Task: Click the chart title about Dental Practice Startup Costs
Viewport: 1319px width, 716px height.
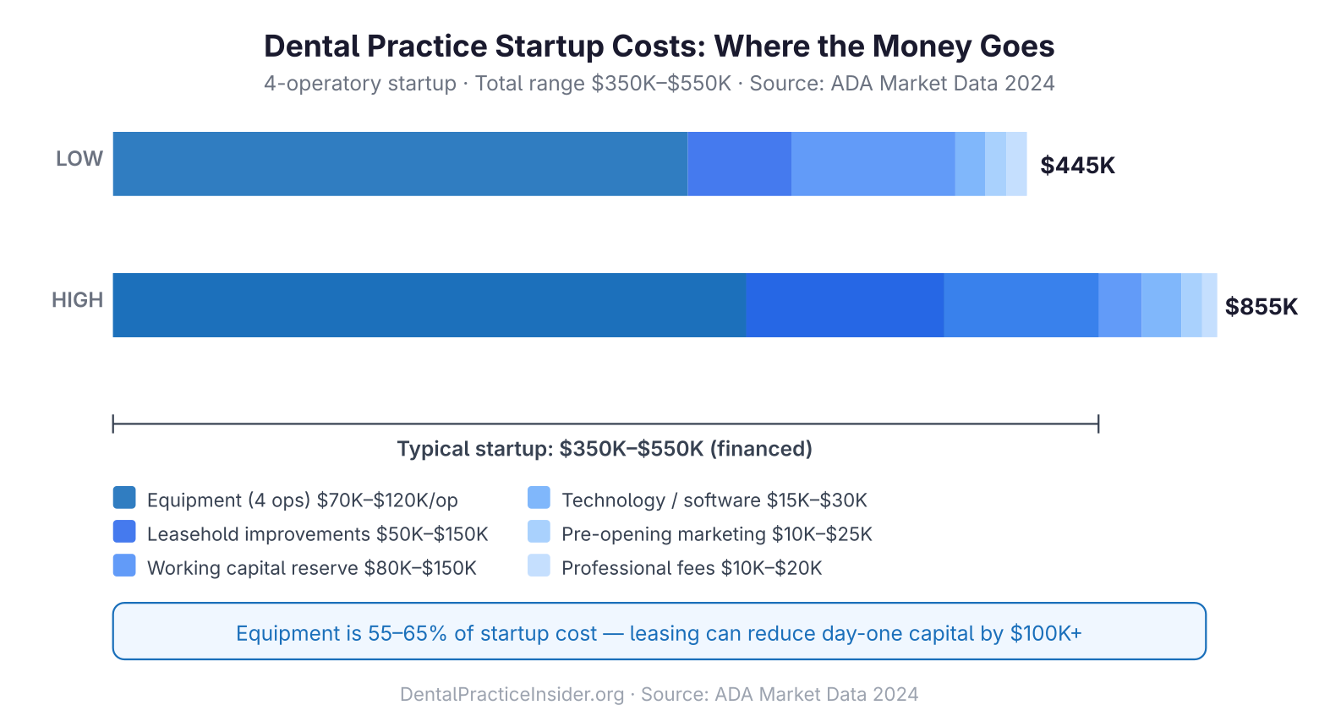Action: click(x=659, y=46)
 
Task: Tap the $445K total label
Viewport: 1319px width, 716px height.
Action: click(x=1077, y=165)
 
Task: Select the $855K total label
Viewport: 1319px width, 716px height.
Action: click(x=1261, y=306)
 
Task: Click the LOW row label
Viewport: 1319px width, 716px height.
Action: click(x=79, y=159)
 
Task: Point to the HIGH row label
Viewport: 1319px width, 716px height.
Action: click(x=78, y=300)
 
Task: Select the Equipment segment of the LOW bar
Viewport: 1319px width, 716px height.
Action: click(x=400, y=164)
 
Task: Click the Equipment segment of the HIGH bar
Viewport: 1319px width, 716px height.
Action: click(x=429, y=305)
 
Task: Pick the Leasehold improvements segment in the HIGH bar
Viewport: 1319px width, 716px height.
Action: click(x=845, y=305)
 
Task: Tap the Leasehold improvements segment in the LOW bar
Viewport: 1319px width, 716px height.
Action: click(x=739, y=164)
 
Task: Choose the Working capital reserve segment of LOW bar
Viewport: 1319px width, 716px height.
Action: click(x=873, y=164)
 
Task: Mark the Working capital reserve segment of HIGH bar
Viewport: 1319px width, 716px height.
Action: click(x=1021, y=305)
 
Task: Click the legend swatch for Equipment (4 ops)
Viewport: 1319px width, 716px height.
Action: click(x=124, y=498)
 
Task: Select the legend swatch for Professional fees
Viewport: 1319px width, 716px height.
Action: click(x=539, y=566)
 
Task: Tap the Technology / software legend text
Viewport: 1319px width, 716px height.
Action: click(x=714, y=500)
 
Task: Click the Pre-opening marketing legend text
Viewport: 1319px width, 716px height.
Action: click(x=716, y=534)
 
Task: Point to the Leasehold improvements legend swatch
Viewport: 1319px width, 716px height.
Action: click(x=124, y=532)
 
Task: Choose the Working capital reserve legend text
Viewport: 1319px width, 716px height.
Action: click(x=311, y=568)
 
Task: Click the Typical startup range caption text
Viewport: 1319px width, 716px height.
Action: click(x=605, y=449)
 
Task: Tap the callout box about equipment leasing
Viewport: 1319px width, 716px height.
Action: click(x=659, y=631)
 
